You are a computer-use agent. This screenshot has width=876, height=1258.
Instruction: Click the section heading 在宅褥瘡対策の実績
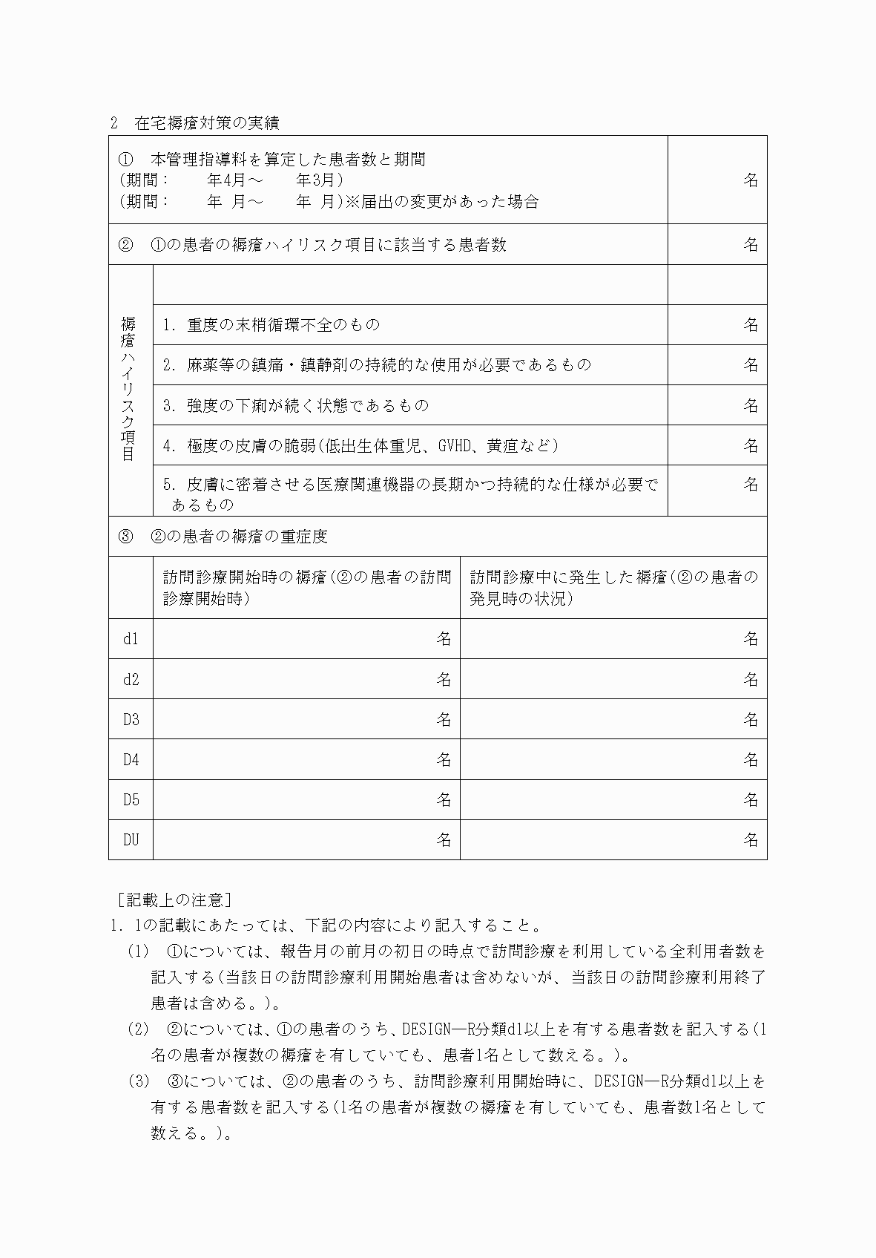pyautogui.click(x=207, y=122)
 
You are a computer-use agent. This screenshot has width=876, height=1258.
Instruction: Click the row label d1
pyautogui.click(x=131, y=639)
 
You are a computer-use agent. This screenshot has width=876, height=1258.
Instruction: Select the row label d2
pyautogui.click(x=131, y=679)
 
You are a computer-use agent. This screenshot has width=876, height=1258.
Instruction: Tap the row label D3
pyautogui.click(x=131, y=719)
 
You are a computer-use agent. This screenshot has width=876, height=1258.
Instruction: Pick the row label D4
pyautogui.click(x=131, y=759)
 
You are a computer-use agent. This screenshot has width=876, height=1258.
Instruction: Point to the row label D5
pyautogui.click(x=131, y=799)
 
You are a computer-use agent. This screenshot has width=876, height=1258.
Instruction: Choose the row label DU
pyautogui.click(x=131, y=839)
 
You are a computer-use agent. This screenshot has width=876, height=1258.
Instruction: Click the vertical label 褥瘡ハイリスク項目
pyautogui.click(x=129, y=389)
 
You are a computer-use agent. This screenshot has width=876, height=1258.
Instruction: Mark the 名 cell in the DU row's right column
pyautogui.click(x=751, y=839)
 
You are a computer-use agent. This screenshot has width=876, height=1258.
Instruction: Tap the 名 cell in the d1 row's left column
pyautogui.click(x=444, y=639)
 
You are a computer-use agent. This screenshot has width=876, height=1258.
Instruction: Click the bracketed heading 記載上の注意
pyautogui.click(x=175, y=900)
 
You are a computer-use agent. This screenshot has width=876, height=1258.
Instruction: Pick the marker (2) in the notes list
pyautogui.click(x=139, y=1029)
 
